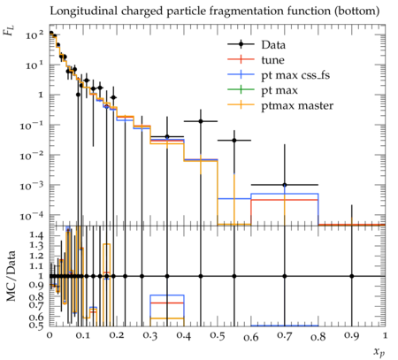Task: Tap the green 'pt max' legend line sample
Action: [241, 90]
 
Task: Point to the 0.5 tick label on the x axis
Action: [218, 336]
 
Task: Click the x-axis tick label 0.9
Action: [352, 336]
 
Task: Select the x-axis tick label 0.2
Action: [117, 336]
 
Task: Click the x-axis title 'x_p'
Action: [379, 352]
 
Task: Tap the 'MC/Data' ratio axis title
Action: [11, 276]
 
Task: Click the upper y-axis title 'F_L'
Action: [9, 31]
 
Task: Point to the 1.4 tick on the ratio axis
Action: [37, 235]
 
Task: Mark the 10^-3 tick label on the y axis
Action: [33, 186]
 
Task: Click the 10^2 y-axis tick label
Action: [34, 35]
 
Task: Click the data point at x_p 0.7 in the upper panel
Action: [285, 185]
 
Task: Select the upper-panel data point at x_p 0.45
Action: [201, 121]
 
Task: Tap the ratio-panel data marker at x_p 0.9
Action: [352, 276]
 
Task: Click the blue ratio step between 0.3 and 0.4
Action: [167, 295]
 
